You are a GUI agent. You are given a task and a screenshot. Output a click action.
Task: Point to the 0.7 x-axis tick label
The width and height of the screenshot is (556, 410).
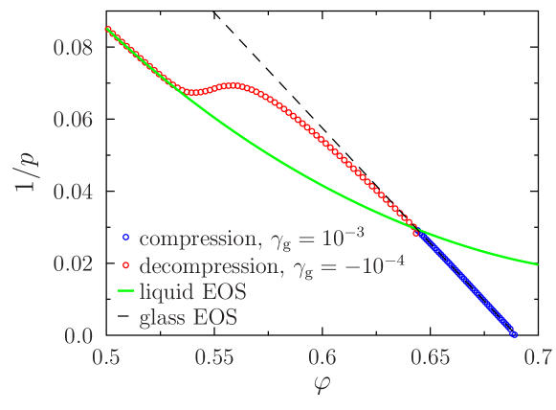click(x=539, y=359)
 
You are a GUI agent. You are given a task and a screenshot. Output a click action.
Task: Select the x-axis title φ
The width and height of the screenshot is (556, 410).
click(x=322, y=386)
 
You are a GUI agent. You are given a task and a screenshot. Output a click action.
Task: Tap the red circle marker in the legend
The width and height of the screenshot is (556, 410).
click(x=124, y=264)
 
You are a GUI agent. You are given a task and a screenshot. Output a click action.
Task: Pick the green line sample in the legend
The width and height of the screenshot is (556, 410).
click(x=124, y=291)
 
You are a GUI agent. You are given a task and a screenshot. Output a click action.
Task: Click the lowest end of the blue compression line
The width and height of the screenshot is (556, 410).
click(x=514, y=335)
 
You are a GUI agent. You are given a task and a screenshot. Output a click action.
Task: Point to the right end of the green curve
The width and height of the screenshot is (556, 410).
click(x=538, y=264)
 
